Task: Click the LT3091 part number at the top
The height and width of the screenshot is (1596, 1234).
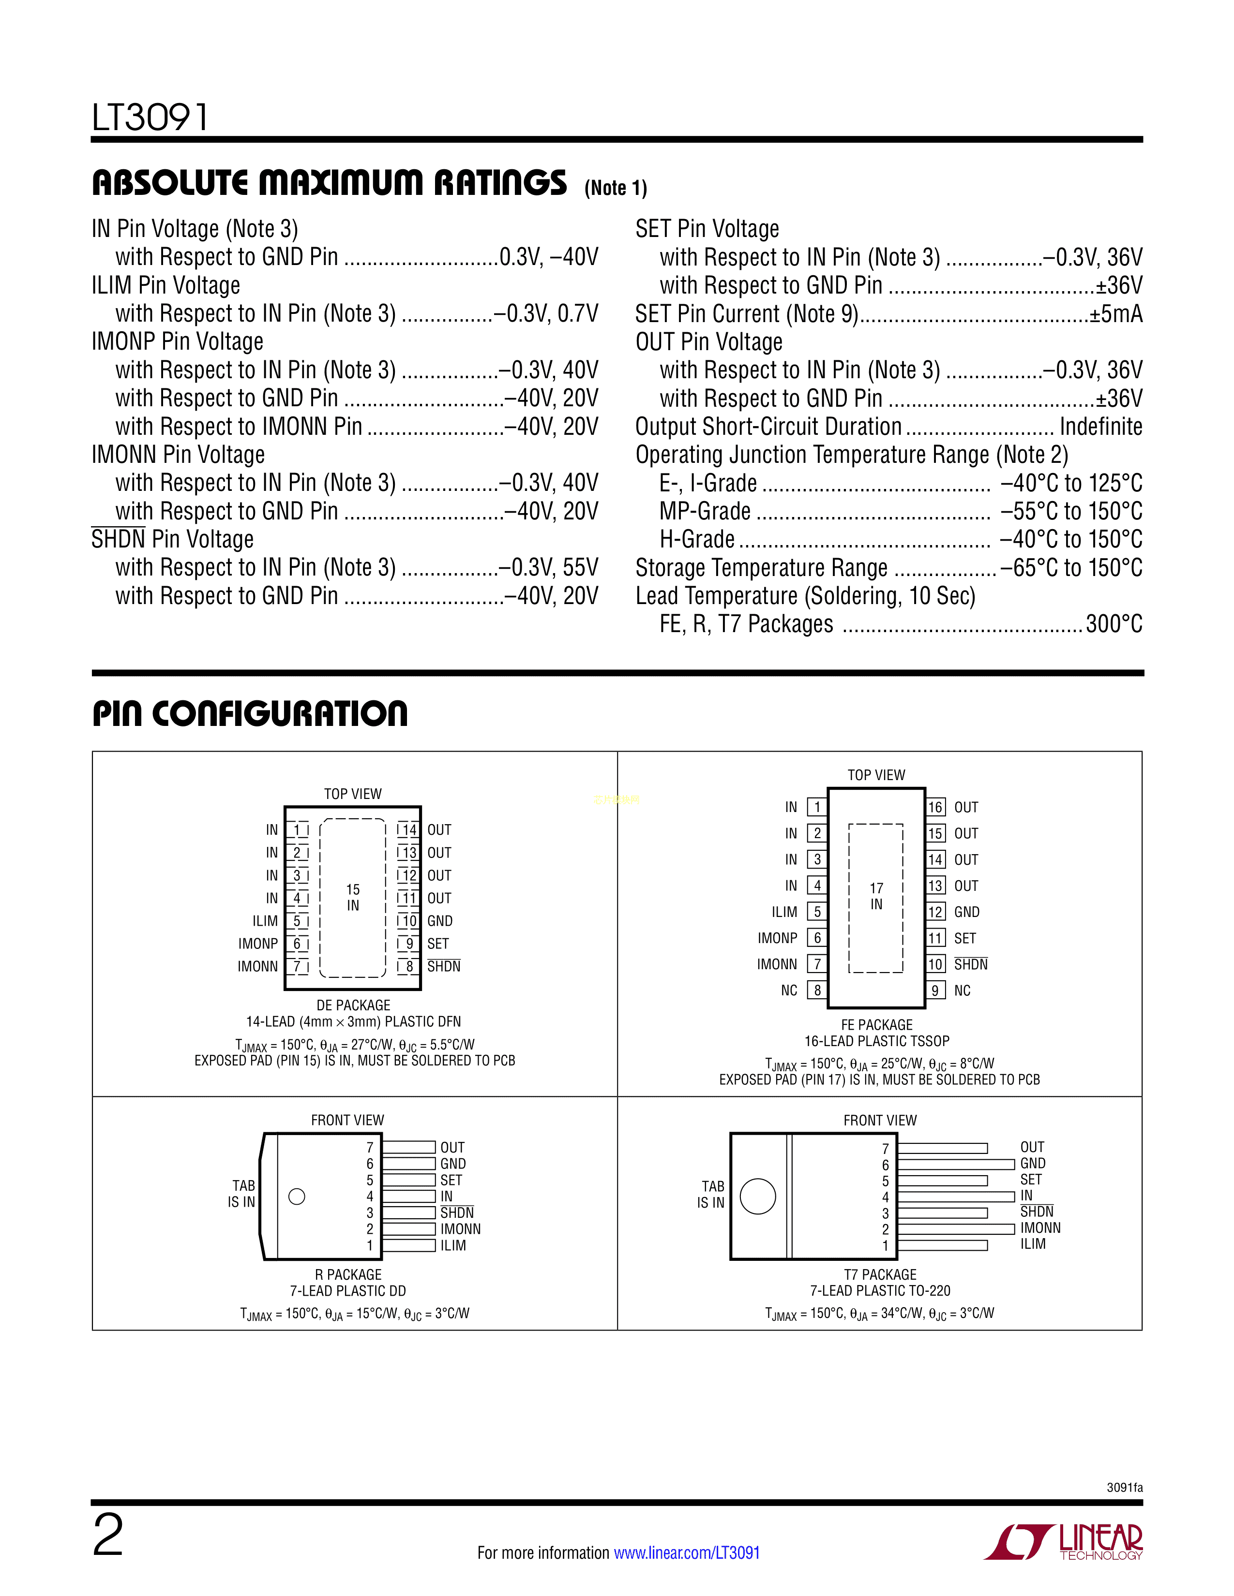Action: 150,117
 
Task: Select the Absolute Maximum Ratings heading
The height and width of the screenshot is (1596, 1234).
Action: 329,183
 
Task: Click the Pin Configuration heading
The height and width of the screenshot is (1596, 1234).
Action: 250,714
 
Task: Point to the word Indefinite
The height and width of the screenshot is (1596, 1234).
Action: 1100,427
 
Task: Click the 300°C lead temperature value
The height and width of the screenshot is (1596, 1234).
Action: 1114,624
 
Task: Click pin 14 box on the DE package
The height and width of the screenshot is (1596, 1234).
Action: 408,830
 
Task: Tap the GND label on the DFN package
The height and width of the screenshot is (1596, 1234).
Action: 440,921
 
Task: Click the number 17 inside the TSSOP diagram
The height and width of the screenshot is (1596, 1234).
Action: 876,888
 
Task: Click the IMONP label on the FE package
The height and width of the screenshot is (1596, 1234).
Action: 777,938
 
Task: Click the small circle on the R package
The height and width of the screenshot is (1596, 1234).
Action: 297,1196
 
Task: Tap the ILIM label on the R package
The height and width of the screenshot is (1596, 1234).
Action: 453,1245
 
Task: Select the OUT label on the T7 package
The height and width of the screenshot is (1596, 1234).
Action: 1032,1147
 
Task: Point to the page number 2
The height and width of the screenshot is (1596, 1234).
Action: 108,1536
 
